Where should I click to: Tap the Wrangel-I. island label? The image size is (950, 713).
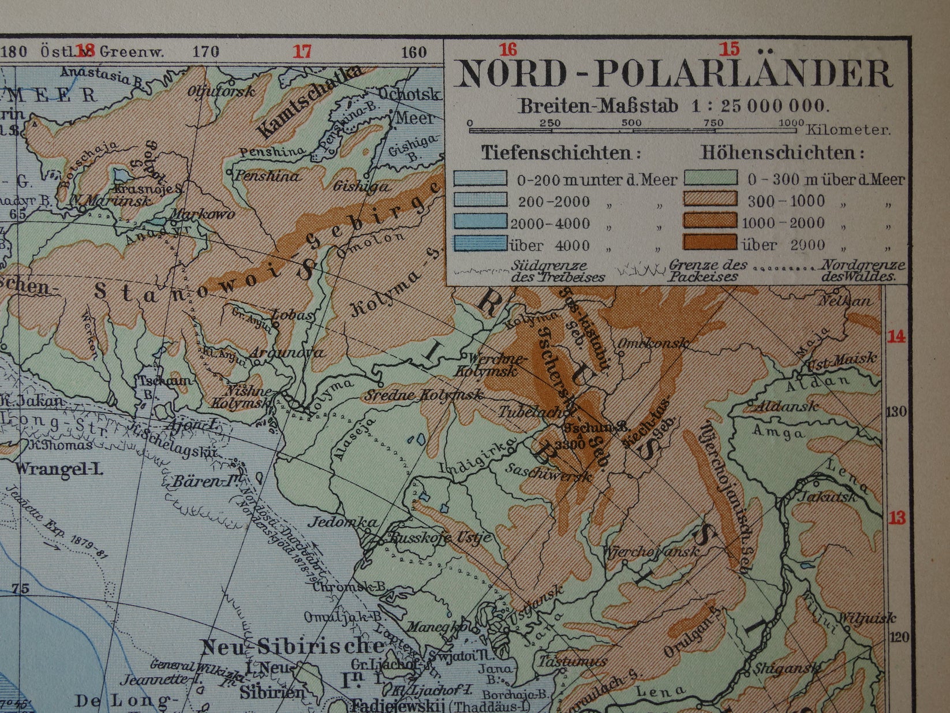[58, 468]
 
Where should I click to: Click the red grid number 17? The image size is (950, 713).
[302, 51]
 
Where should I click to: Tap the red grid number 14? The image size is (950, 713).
[896, 337]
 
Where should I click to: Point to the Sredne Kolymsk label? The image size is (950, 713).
[423, 395]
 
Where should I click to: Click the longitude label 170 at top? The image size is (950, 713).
[205, 52]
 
